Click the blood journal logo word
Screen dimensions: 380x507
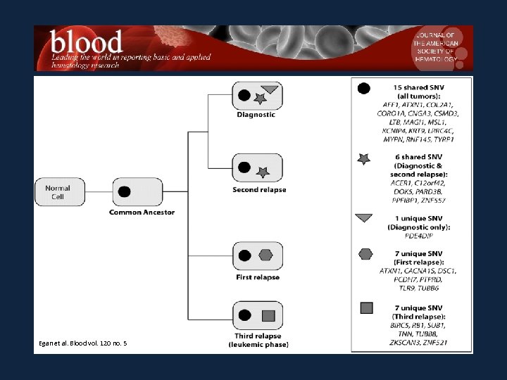click(87, 44)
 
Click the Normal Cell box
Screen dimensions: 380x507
click(58, 192)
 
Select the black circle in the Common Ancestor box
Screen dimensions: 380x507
click(125, 191)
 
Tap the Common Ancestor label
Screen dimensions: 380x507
click(142, 212)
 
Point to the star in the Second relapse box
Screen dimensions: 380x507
click(263, 172)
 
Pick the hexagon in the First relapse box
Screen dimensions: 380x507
click(265, 255)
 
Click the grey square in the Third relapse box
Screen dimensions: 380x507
click(268, 315)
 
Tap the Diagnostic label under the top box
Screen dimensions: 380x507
click(256, 115)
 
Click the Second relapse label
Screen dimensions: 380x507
click(258, 190)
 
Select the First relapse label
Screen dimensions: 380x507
click(258, 277)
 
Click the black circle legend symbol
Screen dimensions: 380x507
click(364, 89)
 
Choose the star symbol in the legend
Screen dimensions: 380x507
click(364, 160)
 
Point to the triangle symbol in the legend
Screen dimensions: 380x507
click(364, 217)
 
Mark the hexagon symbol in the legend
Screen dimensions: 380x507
click(365, 254)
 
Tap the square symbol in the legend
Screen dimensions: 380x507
click(365, 308)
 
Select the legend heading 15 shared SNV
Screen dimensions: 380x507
click(418, 87)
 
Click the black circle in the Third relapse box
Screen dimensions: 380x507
click(245, 315)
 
